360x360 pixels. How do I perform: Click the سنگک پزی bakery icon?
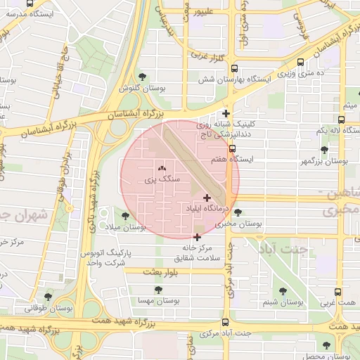pyautogui.click(x=162, y=169)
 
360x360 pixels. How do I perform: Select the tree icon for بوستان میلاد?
pyautogui.click(x=125, y=216)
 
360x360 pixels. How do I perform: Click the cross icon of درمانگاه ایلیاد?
pyautogui.click(x=206, y=198)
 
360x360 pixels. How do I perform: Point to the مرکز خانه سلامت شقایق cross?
pyautogui.click(x=197, y=237)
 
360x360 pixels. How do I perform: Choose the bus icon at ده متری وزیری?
pyautogui.click(x=302, y=62)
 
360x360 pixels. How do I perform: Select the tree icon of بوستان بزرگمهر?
pyautogui.click(x=324, y=150)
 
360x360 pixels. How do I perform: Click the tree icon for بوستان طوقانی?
pyautogui.click(x=48, y=297)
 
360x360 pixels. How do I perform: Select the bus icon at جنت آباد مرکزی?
pyautogui.click(x=224, y=323)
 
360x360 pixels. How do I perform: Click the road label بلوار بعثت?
pyautogui.click(x=162, y=271)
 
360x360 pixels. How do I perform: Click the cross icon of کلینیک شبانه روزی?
pyautogui.click(x=226, y=113)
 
